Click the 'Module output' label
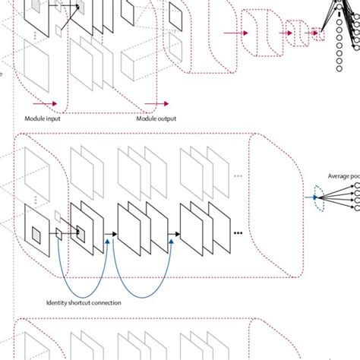156,118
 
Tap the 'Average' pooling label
341,176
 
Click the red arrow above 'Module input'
45,103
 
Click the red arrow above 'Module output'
156,103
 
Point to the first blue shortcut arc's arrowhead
109,238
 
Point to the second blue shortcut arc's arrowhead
172,238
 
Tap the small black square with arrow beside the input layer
58,234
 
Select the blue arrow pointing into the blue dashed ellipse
312,197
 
